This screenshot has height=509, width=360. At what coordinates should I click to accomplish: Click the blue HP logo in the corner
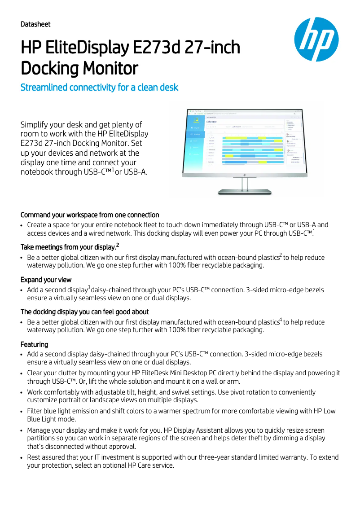click(x=316, y=39)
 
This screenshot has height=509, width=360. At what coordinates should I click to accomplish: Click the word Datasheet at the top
click(x=35, y=24)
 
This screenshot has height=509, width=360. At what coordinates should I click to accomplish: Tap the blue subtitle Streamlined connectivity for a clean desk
click(x=99, y=87)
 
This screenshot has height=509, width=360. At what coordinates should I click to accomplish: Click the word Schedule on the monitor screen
click(x=211, y=122)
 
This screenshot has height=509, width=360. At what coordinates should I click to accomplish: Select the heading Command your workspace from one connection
click(x=90, y=215)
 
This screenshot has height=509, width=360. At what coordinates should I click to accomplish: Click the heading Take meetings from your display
click(x=70, y=247)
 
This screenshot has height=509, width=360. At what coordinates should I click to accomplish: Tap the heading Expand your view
click(x=46, y=280)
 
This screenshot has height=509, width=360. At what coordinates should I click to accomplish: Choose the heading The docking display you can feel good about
click(x=84, y=312)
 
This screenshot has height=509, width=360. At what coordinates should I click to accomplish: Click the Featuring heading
click(x=34, y=344)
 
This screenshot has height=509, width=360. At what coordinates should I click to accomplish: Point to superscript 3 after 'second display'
click(x=89, y=288)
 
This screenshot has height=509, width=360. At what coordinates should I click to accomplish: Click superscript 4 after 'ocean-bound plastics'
click(x=281, y=320)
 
